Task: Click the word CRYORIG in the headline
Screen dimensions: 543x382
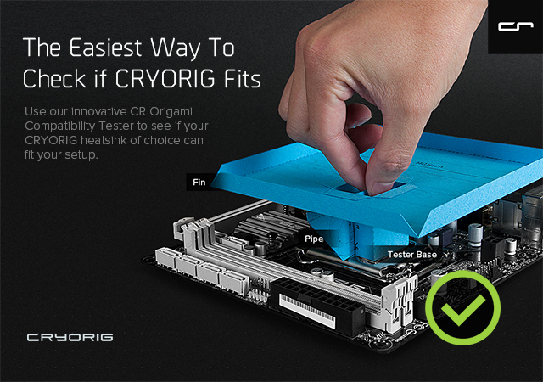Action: (x=165, y=78)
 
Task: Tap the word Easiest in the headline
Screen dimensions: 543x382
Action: (x=105, y=48)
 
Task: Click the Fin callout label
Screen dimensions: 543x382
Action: (x=199, y=182)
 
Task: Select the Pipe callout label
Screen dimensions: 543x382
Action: (x=314, y=239)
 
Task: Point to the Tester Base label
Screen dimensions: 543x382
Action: (x=411, y=255)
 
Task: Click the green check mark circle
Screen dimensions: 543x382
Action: (x=462, y=308)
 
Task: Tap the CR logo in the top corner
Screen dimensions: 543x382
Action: (x=515, y=26)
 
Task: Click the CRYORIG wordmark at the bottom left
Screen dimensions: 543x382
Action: (x=70, y=337)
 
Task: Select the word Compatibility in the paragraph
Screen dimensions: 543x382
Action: (x=59, y=126)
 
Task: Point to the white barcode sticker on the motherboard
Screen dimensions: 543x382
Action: (x=307, y=312)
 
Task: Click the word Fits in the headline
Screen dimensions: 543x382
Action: (x=242, y=78)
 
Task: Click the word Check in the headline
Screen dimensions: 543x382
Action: (x=54, y=78)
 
